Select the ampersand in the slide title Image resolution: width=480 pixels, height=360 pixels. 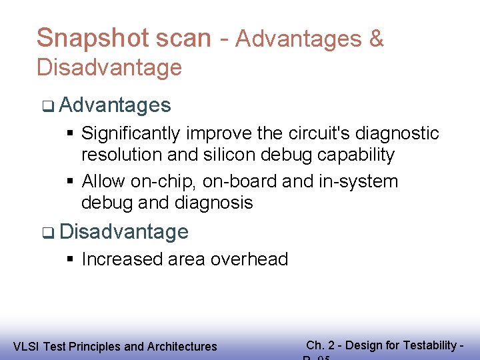tap(376, 39)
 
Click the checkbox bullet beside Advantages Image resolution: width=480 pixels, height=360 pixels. tap(47, 105)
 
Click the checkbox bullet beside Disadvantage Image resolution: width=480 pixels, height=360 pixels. tap(47, 233)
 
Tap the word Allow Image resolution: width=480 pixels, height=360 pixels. tap(104, 181)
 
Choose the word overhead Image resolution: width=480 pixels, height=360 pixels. tap(247, 259)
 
